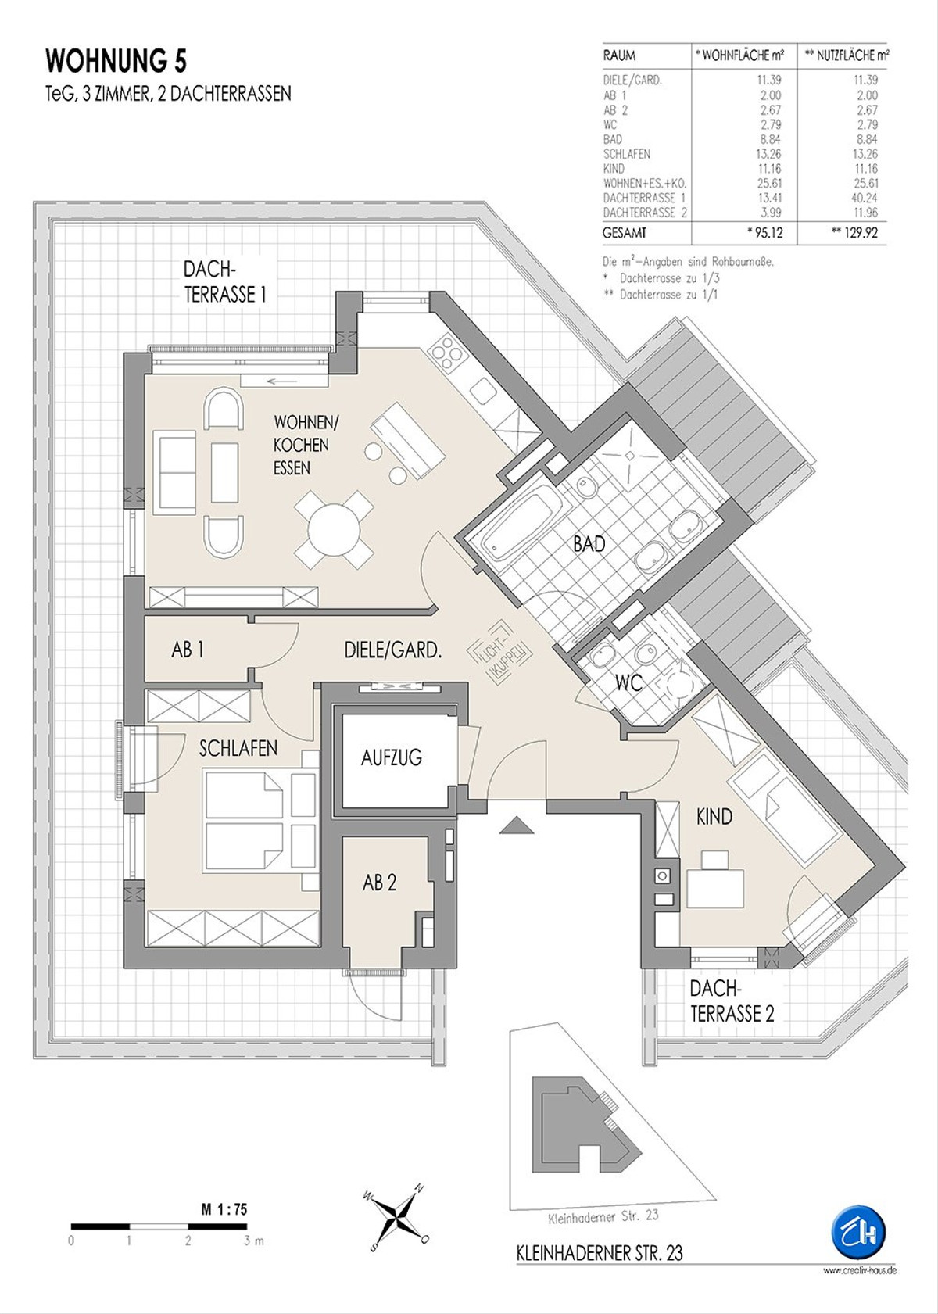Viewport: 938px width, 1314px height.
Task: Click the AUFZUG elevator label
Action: [392, 757]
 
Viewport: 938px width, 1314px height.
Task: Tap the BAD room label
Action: [589, 544]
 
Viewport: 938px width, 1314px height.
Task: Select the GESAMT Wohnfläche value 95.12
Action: [768, 233]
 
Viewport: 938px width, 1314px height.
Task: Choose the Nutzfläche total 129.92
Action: [857, 233]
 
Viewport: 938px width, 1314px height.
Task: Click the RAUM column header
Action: [619, 56]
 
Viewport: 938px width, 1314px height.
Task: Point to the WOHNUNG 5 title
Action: [116, 62]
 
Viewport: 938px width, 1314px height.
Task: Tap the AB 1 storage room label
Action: [188, 650]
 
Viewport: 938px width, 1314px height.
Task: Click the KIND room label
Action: [714, 817]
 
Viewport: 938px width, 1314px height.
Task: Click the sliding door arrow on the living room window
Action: [281, 382]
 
